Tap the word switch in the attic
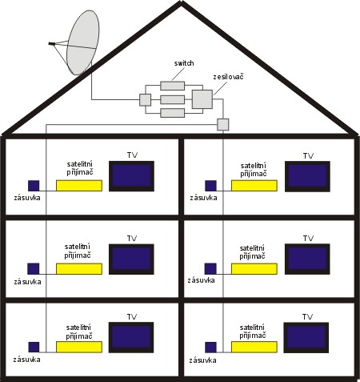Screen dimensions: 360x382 click(x=184, y=63)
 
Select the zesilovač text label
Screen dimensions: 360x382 click(x=228, y=77)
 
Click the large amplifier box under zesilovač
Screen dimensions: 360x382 click(x=202, y=99)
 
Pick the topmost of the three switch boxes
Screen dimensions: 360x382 click(x=173, y=86)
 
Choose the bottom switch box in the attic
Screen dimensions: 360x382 click(x=173, y=113)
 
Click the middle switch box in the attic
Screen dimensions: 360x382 click(x=173, y=99)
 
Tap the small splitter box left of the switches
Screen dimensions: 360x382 click(x=145, y=100)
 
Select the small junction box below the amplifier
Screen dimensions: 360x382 click(x=223, y=124)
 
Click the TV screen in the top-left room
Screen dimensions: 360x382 click(x=131, y=176)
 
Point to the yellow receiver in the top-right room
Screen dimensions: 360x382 click(x=254, y=186)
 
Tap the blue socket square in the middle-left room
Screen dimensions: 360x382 click(x=34, y=268)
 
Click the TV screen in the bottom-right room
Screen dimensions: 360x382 click(x=306, y=338)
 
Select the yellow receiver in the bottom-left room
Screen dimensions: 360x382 click(x=79, y=347)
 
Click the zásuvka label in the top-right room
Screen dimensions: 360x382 click(x=203, y=198)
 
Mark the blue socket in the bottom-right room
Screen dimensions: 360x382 click(x=210, y=348)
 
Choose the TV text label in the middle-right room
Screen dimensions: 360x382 click(x=308, y=239)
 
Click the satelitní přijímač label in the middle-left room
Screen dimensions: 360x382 click(x=78, y=251)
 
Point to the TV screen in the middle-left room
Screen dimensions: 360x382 click(x=131, y=259)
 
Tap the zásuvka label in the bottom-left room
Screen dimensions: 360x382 click(x=27, y=360)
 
